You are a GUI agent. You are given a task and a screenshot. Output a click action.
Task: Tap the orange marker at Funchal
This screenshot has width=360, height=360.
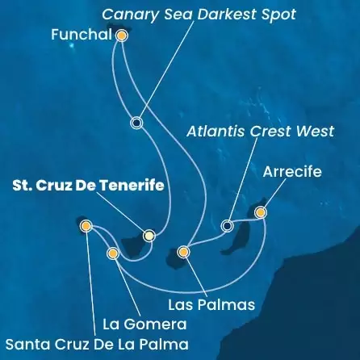[122, 36]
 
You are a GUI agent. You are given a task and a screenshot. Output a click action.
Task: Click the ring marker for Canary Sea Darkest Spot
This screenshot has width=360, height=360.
[136, 123]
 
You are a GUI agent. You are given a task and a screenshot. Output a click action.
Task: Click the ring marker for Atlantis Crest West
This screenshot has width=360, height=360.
[228, 225]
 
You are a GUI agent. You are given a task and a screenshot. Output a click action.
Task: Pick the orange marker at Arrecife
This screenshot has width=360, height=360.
[260, 212]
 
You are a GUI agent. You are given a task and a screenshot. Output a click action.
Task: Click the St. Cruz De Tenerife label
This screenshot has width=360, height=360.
[89, 186]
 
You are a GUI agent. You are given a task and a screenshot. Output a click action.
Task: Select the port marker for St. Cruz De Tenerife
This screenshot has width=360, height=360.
[149, 236]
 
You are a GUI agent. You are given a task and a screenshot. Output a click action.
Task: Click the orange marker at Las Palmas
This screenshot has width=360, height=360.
[184, 253]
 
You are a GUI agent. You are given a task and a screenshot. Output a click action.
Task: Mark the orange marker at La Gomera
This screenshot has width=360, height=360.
[112, 253]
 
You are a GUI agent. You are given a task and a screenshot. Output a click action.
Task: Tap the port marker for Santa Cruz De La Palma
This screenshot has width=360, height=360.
[86, 227]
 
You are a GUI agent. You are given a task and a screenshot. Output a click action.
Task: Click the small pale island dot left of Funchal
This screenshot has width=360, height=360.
[72, 46]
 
